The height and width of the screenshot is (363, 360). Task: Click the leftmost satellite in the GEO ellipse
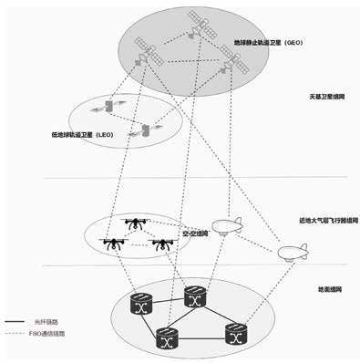pyautogui.click(x=142, y=49)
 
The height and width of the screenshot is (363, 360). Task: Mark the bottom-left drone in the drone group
pyautogui.click(x=114, y=244)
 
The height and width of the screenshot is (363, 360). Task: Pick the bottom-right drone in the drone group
pyautogui.click(x=163, y=244)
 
